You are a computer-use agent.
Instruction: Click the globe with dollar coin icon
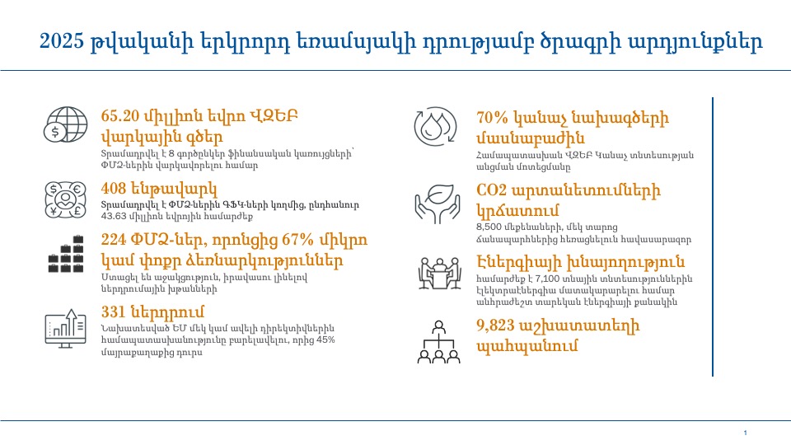point(65,124)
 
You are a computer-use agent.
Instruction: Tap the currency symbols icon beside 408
point(65,199)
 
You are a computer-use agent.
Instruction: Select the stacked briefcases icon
point(66,254)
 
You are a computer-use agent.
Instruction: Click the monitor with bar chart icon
point(66,329)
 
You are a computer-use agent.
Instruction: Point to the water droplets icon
point(435,126)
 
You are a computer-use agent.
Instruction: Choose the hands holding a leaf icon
point(438,204)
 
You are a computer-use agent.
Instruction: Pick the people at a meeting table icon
point(439,273)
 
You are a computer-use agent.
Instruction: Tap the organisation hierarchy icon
point(439,341)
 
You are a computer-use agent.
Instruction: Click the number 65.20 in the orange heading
point(120,116)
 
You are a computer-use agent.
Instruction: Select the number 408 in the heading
point(114,189)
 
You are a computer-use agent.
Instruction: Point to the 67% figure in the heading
point(297,239)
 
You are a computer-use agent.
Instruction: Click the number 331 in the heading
point(113,311)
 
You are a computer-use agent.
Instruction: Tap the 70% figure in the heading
point(492,118)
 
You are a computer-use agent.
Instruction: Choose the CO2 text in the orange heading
point(491,190)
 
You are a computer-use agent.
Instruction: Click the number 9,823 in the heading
point(495,326)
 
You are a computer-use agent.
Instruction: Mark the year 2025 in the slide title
point(62,41)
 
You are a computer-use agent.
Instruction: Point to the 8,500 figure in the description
point(489,227)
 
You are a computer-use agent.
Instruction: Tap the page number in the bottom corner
point(745,433)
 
